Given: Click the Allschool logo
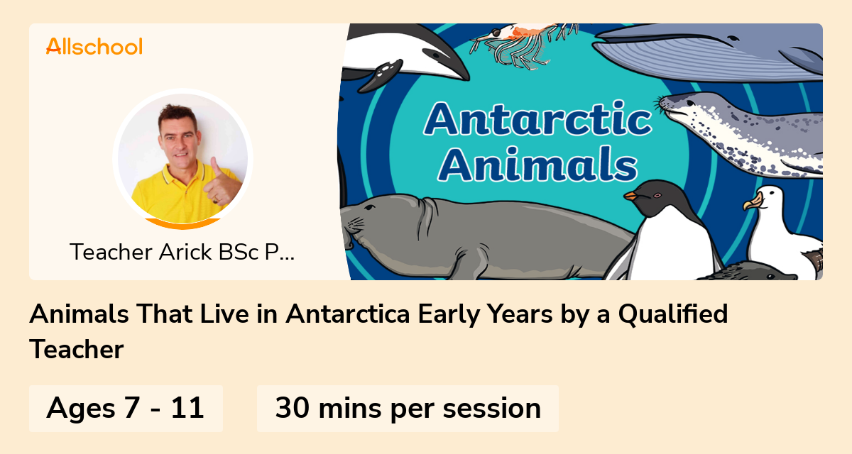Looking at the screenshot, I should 94,46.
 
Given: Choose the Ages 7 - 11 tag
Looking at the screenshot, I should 126,409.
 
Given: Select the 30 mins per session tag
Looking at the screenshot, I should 408,409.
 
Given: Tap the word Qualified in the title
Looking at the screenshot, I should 673,314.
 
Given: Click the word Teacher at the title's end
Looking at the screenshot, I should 77,350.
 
